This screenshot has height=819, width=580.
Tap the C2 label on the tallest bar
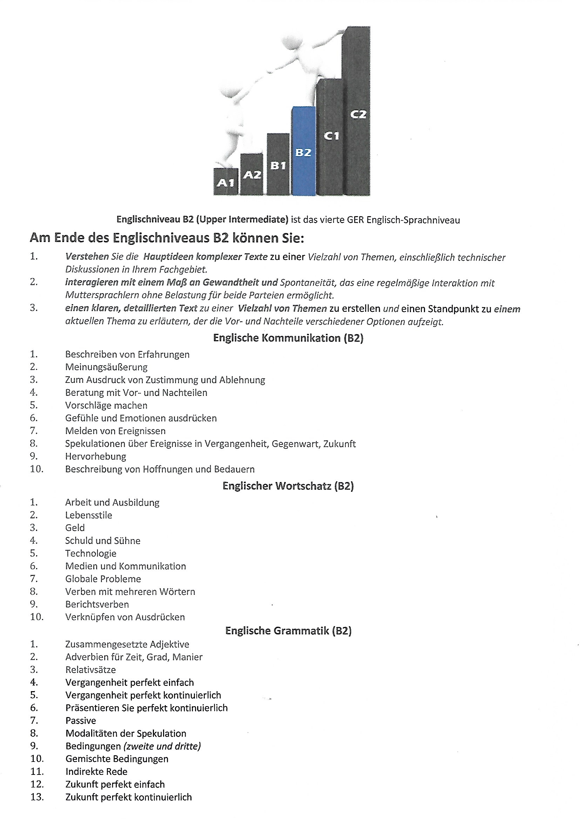358,114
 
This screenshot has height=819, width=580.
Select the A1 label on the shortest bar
226,183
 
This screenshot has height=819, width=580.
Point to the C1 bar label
331,136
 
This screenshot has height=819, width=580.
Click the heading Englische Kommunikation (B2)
288,338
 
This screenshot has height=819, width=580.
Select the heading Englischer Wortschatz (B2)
288,486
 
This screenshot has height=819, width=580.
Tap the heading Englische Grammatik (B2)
288,631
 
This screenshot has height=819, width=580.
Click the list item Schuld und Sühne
102,541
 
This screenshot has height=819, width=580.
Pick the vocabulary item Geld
75,528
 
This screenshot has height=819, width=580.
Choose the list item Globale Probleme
103,579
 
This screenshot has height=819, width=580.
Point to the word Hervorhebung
96,456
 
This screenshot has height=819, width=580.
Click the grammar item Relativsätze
91,669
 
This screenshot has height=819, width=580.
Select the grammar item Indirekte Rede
96,772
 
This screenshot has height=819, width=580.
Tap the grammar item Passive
81,721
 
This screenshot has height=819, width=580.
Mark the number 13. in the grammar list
37,797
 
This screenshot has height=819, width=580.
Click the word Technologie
91,553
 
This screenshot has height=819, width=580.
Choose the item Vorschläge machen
106,405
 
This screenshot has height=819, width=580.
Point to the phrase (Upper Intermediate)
242,219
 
